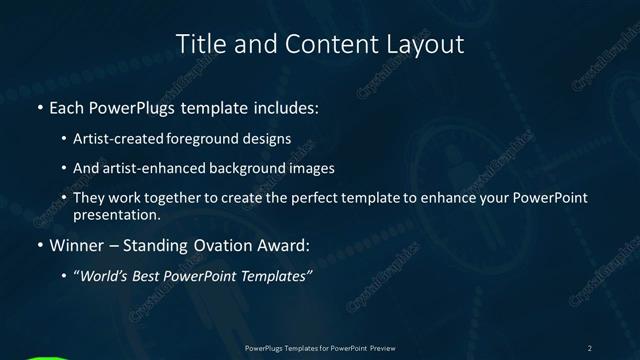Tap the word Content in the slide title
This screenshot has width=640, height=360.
pos(317,44)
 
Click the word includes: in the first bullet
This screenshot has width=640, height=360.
pos(283,107)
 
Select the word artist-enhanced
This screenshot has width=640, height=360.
pos(153,169)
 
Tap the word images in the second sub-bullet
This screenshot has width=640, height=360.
pos(311,169)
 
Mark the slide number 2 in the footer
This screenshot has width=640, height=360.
pos(590,347)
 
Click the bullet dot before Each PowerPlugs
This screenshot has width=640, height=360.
pos(40,107)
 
